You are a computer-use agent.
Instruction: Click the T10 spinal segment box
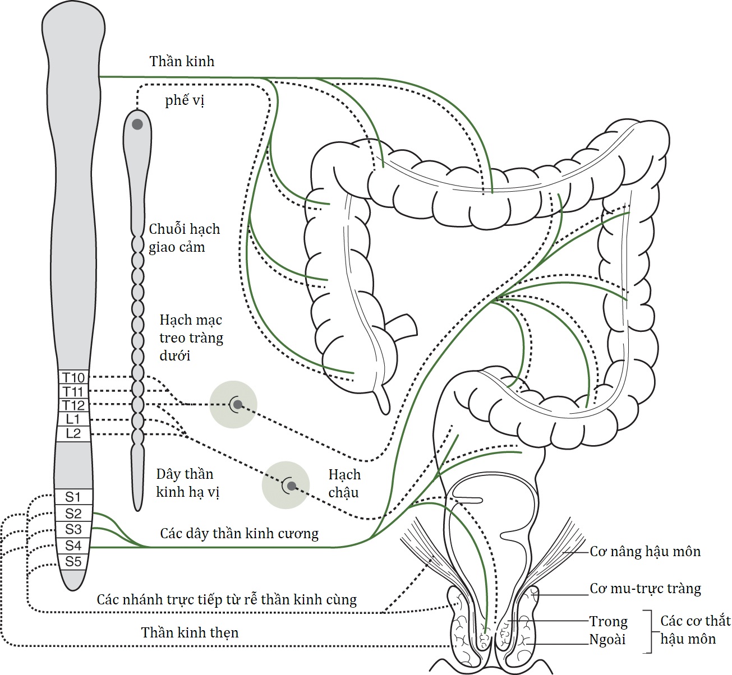tap(73, 377)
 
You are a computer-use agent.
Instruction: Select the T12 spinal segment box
tap(73, 405)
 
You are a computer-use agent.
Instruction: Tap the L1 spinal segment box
tap(73, 419)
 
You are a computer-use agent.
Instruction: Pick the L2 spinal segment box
tap(73, 433)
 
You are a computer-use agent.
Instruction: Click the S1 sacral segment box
tap(73, 497)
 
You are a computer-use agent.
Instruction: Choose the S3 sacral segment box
tap(73, 529)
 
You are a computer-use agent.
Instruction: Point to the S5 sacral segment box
tap(73, 562)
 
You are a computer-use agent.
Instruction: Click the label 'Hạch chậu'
tap(344, 483)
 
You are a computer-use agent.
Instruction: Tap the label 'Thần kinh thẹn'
tap(190, 632)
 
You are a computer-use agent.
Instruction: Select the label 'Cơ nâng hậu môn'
tap(645, 552)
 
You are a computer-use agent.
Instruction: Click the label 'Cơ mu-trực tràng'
tap(645, 589)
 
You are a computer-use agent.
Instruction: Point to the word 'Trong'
tap(608, 621)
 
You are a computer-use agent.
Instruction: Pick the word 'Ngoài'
tap(607, 640)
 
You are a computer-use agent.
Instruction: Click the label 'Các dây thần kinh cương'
tap(239, 533)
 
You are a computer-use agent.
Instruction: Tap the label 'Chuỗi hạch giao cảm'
tap(184, 238)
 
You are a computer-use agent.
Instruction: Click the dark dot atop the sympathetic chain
tap(137, 124)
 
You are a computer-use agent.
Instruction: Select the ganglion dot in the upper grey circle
tap(237, 404)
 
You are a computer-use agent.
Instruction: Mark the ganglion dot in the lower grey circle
tap(291, 486)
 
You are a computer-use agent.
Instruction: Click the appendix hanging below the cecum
tap(383, 399)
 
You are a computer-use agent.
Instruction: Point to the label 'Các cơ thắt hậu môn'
tap(695, 630)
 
